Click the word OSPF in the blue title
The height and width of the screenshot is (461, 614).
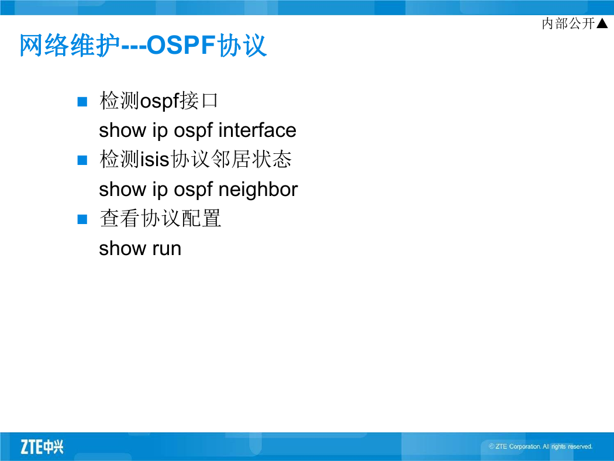tap(181, 45)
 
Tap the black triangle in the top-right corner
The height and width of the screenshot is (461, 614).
tap(602, 23)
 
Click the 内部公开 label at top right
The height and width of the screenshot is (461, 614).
tap(568, 23)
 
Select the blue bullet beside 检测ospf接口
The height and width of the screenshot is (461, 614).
tap(82, 102)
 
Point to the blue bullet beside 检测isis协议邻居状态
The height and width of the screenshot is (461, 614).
tap(82, 160)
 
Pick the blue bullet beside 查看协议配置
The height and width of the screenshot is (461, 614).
tap(82, 219)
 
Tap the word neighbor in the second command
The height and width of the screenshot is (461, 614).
tap(258, 190)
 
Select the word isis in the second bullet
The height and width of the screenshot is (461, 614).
tap(155, 160)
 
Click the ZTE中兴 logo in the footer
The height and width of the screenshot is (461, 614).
tap(42, 447)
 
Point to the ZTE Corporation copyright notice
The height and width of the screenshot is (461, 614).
tap(540, 446)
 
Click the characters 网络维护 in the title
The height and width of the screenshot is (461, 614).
tap(70, 45)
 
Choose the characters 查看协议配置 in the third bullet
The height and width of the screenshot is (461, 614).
tap(160, 219)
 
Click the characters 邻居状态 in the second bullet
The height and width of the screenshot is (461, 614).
tap(251, 160)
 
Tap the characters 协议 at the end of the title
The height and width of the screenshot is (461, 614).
tap(242, 45)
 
